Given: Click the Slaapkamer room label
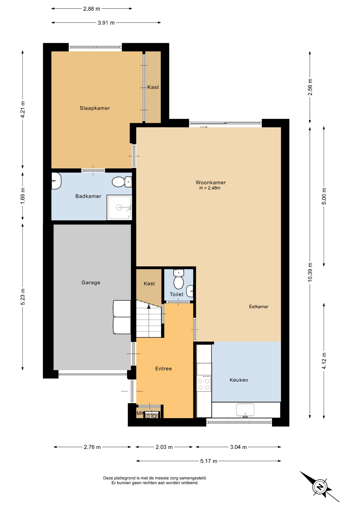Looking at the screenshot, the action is click(95, 108).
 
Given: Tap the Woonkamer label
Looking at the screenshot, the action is click(210, 182).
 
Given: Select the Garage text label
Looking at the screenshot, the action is click(91, 283).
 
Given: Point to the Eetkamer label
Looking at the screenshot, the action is click(258, 307).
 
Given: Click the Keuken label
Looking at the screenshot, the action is click(239, 380).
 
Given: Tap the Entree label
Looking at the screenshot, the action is click(163, 369).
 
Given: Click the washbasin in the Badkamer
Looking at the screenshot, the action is click(56, 181).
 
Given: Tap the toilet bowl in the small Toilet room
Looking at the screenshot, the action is click(179, 279).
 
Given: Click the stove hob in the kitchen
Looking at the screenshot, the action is click(204, 383).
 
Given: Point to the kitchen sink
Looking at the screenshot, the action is click(245, 410).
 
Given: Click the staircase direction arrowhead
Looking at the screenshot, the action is click(149, 306).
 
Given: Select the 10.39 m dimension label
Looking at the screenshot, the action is click(310, 272).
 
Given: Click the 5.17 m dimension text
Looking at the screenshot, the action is click(209, 461).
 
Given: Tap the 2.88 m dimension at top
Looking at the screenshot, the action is click(92, 9).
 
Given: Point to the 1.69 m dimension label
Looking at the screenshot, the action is click(23, 196).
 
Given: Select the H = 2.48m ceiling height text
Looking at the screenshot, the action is click(210, 188).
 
